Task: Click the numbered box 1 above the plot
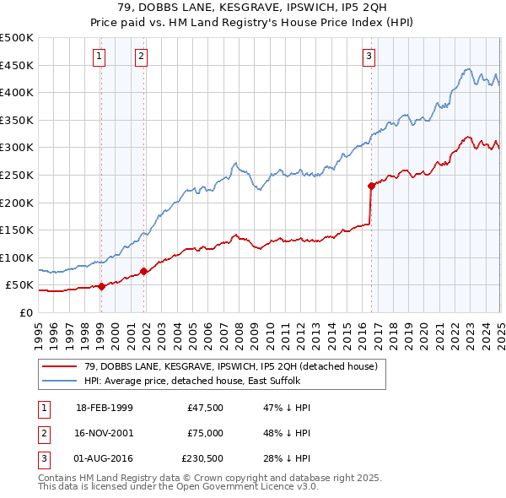click(100, 57)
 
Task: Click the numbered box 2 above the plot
click(141, 57)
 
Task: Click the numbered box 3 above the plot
click(369, 57)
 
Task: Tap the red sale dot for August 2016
click(371, 186)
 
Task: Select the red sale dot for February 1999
click(101, 286)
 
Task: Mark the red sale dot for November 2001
click(144, 271)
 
